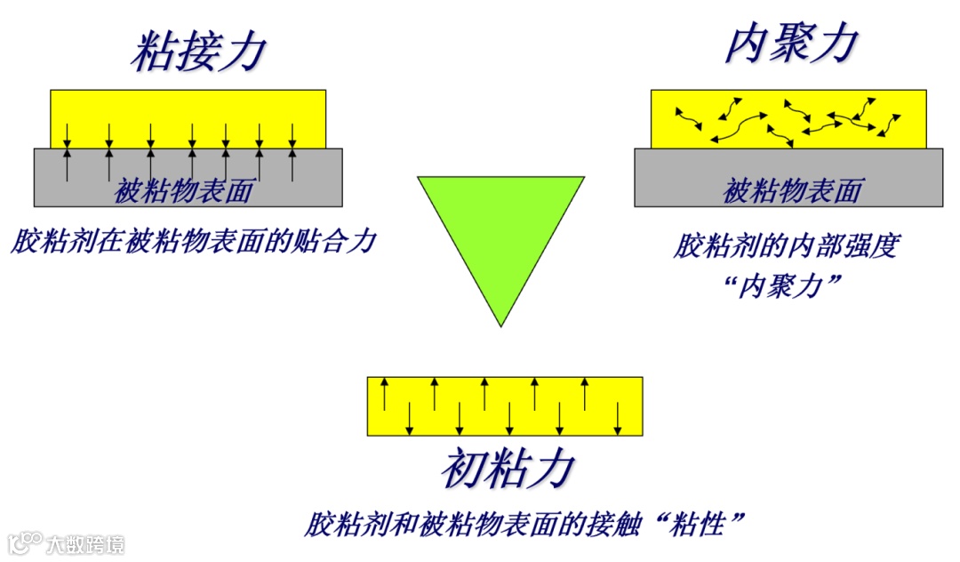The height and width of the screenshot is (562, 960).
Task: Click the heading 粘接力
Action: tap(198, 51)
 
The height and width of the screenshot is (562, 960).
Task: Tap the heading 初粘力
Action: tap(504, 468)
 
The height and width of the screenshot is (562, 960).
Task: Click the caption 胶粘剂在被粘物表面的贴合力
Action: tap(194, 240)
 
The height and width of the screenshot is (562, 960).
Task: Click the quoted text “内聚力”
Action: tap(783, 286)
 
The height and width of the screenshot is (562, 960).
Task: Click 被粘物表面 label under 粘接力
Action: tap(184, 190)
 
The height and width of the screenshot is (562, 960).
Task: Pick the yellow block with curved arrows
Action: tap(788, 118)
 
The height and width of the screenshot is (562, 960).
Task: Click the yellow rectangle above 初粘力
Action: tap(504, 406)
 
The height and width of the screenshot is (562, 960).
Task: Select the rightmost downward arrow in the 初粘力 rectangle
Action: tap(618, 419)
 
